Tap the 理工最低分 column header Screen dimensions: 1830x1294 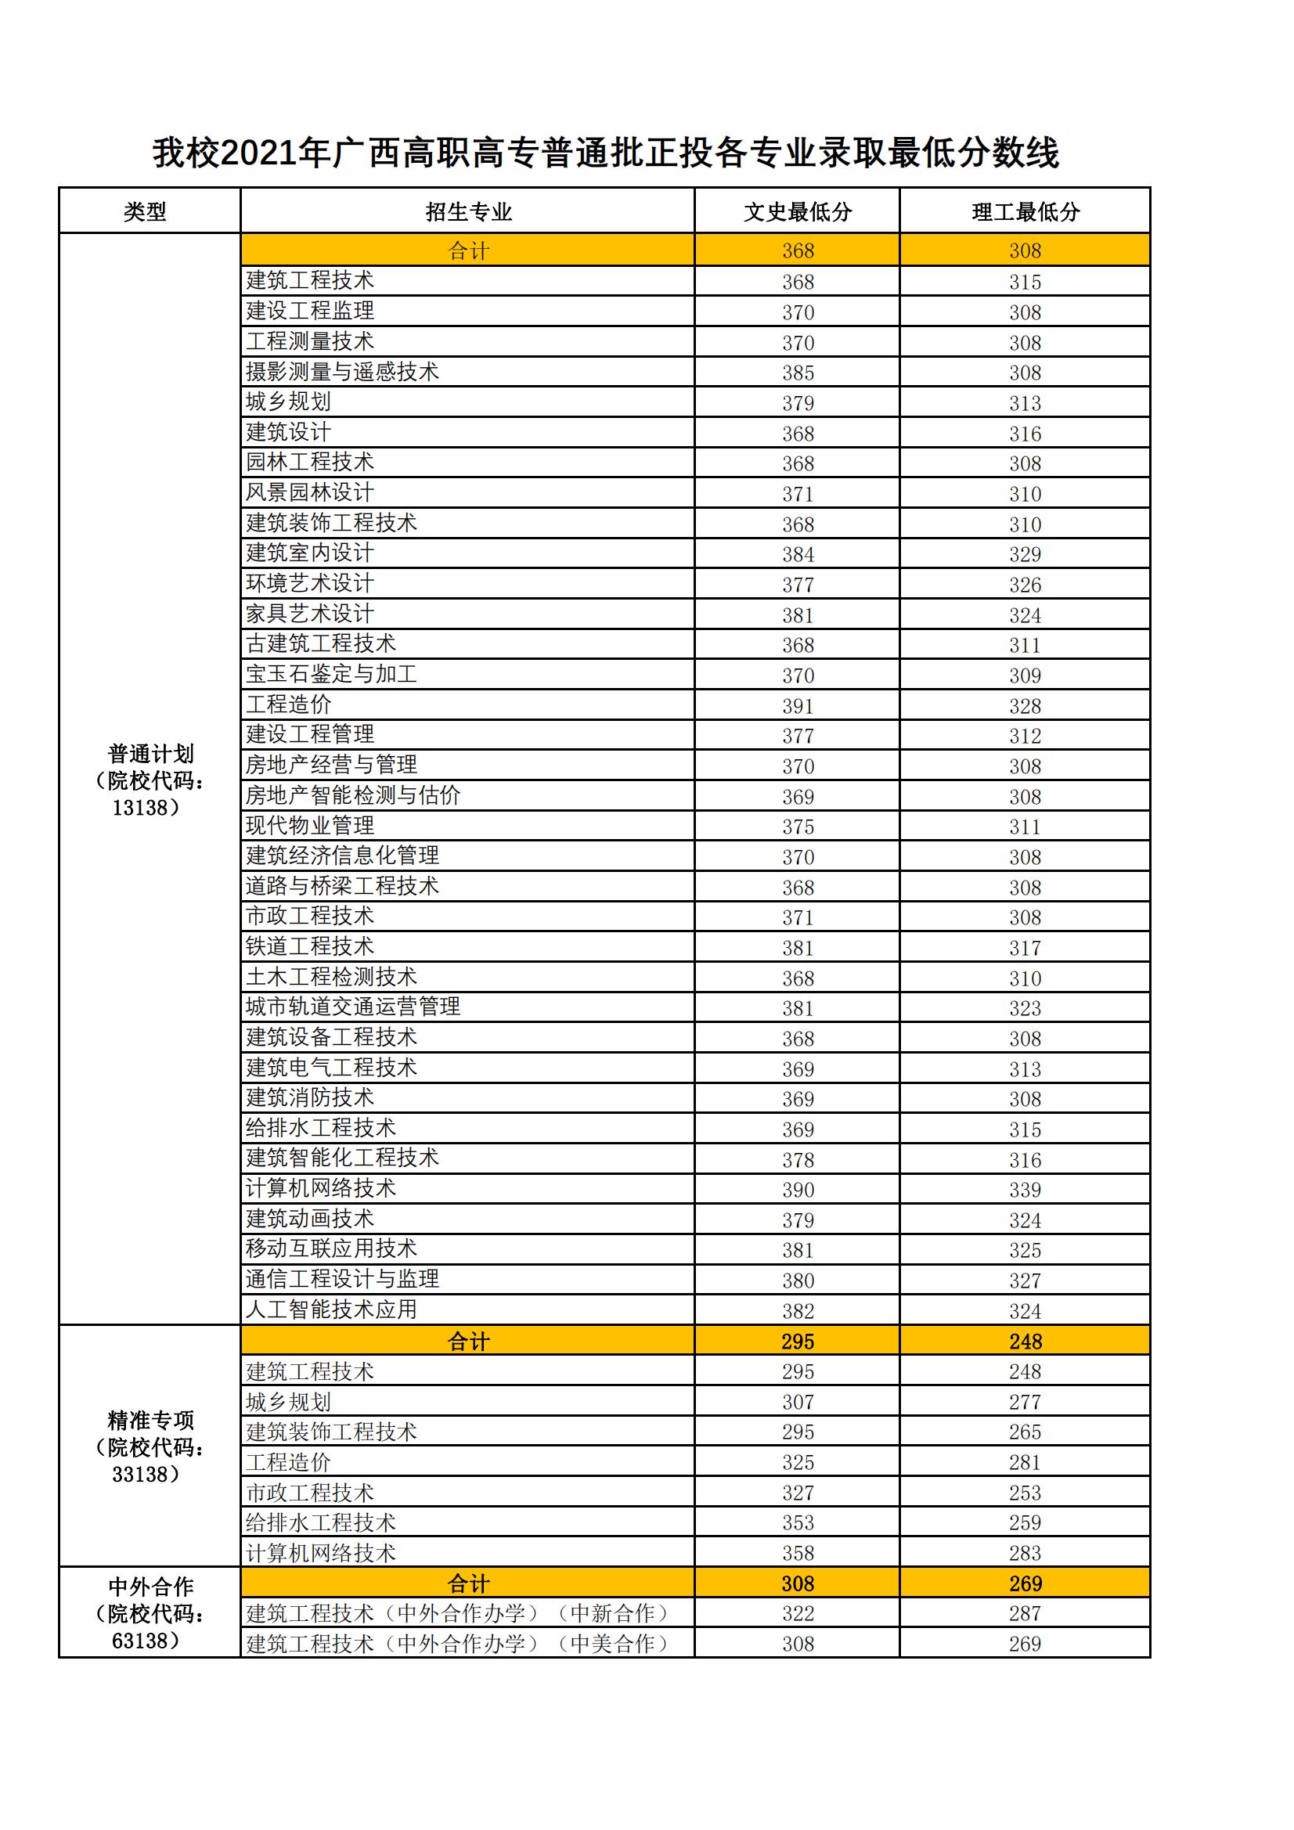[1025, 211]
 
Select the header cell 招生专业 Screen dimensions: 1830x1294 [468, 211]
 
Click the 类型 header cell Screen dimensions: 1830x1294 [145, 211]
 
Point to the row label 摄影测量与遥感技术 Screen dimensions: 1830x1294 [342, 372]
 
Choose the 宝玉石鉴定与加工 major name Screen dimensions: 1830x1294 [332, 674]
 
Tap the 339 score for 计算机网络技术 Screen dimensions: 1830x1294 [1025, 1190]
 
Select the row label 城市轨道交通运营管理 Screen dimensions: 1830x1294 [353, 1007]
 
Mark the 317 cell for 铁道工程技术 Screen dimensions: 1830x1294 [1025, 948]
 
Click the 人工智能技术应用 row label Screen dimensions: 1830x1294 [332, 1309]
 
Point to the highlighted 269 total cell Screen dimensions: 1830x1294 [1025, 1583]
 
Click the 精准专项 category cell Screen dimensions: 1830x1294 [150, 1446]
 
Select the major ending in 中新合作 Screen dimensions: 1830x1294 [458, 1614]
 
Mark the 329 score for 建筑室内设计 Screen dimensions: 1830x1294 [1025, 554]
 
